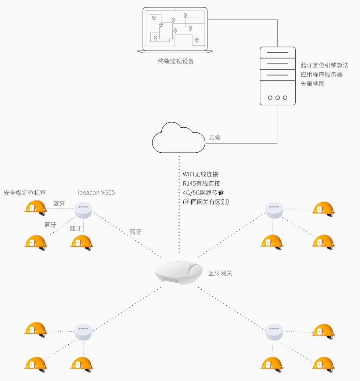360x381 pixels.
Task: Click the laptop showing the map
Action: pos(175,29)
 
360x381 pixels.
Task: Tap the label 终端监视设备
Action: pos(176,61)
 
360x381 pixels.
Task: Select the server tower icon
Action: pos(277,76)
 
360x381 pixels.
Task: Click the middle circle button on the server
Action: pos(277,98)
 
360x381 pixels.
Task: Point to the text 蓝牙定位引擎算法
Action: pos(324,65)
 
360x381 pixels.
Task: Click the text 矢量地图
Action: pos(312,84)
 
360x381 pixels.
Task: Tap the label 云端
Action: pos(215,138)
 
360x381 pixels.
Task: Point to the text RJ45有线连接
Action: pos(201,183)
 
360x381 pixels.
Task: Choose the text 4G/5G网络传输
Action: pos(203,192)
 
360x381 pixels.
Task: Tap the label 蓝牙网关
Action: pos(220,273)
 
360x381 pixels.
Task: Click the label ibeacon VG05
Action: pos(96,192)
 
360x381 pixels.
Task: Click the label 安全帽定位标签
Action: pos(25,192)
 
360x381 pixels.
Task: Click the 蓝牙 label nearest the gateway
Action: pos(136,232)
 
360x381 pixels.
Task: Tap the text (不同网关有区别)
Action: pos(206,202)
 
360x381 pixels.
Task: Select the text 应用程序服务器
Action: pos(321,75)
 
